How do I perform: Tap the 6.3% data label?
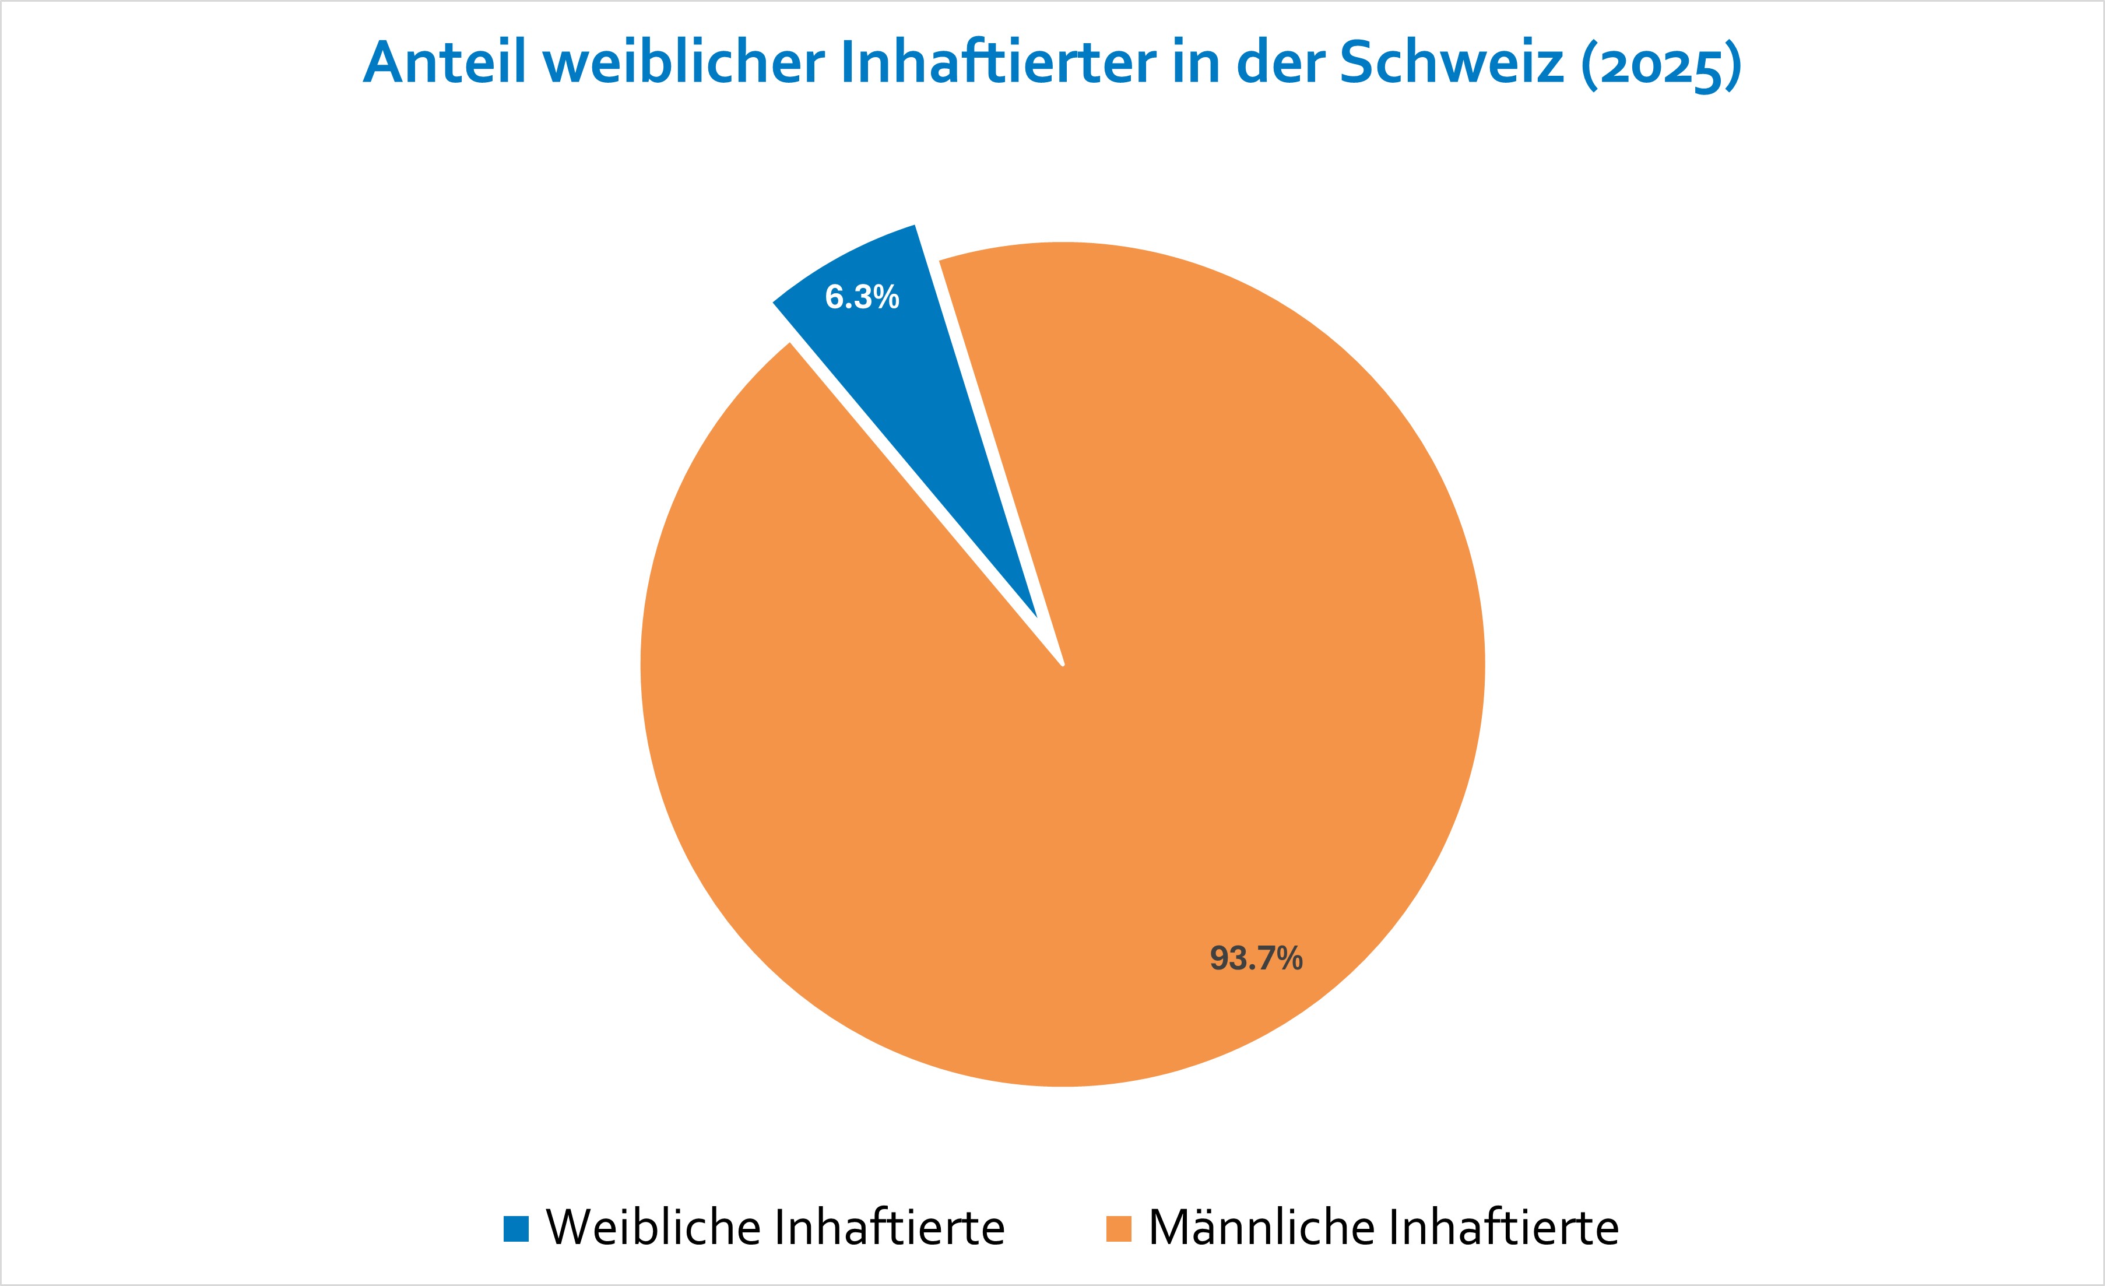point(862,297)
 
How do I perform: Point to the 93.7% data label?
point(1256,958)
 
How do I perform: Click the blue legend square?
point(516,1229)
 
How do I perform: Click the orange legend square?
point(1118,1229)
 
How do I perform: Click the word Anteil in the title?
point(444,62)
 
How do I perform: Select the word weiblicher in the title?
point(683,62)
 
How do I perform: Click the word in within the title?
point(1196,62)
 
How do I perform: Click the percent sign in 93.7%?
point(1289,958)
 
